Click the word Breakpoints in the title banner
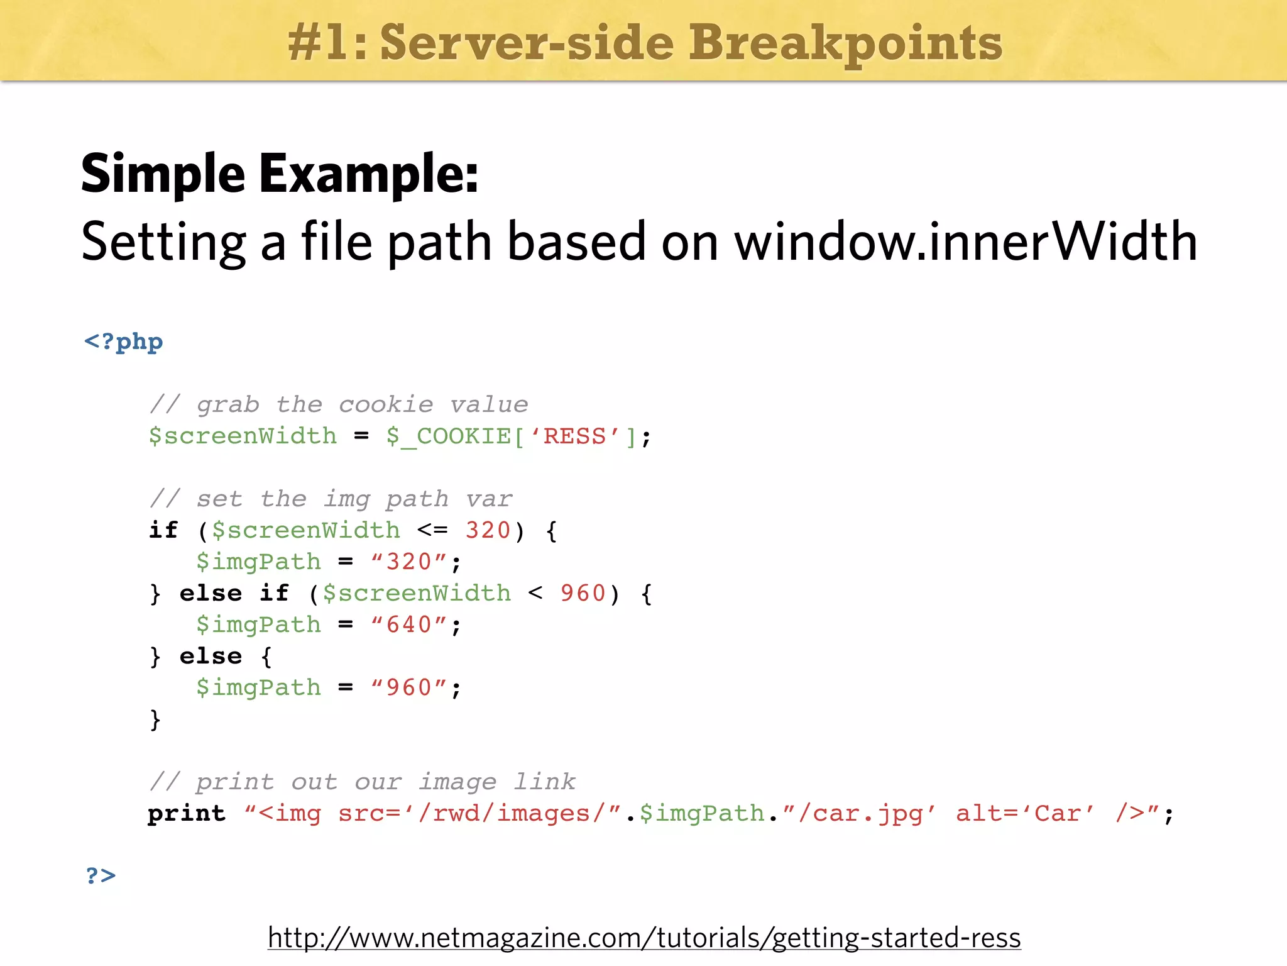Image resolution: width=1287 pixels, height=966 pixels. [x=845, y=43]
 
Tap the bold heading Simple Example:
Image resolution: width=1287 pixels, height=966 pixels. [x=280, y=174]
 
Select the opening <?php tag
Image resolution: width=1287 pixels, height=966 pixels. [x=123, y=342]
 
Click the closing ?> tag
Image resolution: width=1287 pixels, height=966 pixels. [x=101, y=875]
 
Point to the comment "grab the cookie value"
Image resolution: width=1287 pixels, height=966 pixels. [x=339, y=404]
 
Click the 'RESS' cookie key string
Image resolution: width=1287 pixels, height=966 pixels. [x=574, y=436]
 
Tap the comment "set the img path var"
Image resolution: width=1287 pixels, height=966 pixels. [x=331, y=499]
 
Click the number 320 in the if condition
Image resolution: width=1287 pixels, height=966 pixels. [x=488, y=530]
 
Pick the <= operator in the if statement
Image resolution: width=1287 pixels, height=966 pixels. [x=432, y=530]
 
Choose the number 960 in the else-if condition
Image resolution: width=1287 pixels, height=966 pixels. [x=583, y=593]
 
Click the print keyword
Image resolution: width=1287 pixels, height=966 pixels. [x=187, y=813]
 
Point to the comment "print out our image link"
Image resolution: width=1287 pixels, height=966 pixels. [x=363, y=782]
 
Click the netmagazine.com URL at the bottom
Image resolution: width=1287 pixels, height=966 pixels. [x=643, y=937]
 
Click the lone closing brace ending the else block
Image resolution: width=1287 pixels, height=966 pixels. [x=155, y=719]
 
